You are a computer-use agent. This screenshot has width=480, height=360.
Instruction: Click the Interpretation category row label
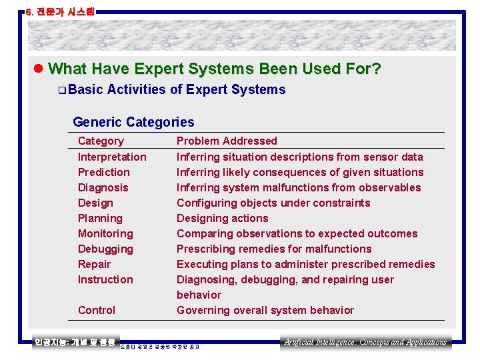pyautogui.click(x=112, y=157)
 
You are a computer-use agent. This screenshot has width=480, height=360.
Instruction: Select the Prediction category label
pyautogui.click(x=104, y=172)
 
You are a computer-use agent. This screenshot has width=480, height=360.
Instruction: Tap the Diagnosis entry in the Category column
pyautogui.click(x=103, y=187)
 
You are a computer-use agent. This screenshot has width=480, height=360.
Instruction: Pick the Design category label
pyautogui.click(x=95, y=203)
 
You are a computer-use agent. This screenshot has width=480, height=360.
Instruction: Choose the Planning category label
pyautogui.click(x=100, y=218)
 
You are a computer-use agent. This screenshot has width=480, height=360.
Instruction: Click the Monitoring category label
pyautogui.click(x=105, y=233)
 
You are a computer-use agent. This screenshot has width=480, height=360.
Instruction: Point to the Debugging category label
pyautogui.click(x=105, y=249)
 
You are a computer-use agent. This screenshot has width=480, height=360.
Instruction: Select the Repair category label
pyautogui.click(x=95, y=264)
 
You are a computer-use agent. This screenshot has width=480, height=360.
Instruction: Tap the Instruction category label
pyautogui.click(x=105, y=279)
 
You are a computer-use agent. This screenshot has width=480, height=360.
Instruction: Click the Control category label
pyautogui.click(x=97, y=310)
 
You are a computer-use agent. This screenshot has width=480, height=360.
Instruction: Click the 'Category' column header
pyautogui.click(x=101, y=141)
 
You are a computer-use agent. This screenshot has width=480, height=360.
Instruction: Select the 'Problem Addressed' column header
pyautogui.click(x=227, y=141)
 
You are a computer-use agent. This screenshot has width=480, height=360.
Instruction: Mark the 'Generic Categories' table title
pyautogui.click(x=133, y=122)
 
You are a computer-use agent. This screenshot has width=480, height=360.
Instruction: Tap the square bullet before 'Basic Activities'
pyautogui.click(x=61, y=90)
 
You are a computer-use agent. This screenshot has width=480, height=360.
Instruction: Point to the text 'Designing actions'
pyautogui.click(x=222, y=218)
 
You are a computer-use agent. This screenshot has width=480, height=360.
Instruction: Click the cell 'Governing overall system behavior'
pyautogui.click(x=265, y=310)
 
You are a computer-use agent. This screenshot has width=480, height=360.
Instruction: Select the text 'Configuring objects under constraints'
pyautogui.click(x=273, y=203)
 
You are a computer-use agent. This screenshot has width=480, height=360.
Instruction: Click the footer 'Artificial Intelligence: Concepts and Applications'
pyautogui.click(x=365, y=342)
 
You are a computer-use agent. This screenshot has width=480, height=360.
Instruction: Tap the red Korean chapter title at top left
pyautogui.click(x=60, y=11)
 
